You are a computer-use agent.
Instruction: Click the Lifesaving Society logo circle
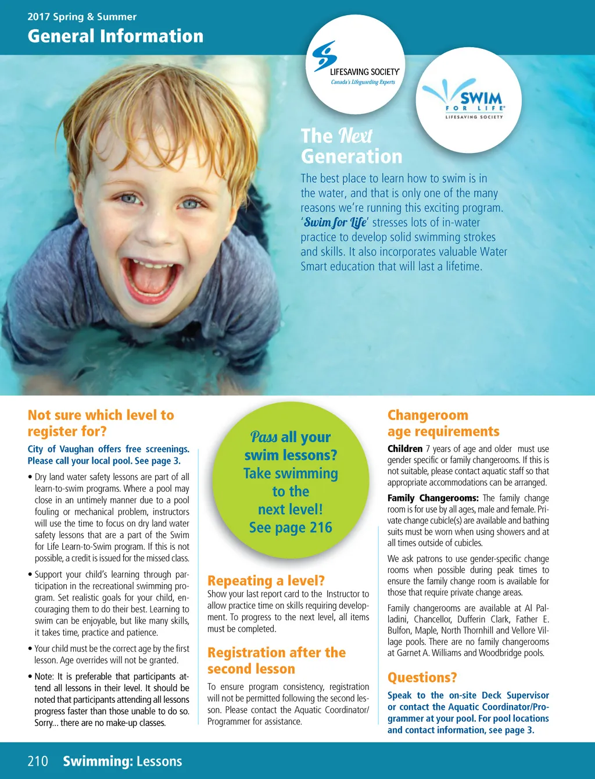pos(356,64)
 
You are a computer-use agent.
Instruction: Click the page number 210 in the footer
pos(38,761)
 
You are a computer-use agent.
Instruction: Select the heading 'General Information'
pos(116,36)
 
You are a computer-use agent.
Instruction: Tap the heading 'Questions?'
pos(422,678)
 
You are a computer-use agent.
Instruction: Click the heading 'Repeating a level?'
pos(266,581)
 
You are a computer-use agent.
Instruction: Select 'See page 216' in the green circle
pos(291,528)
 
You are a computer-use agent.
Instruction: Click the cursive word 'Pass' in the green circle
pos(264,437)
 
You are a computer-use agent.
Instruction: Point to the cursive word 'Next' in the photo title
pos(355,136)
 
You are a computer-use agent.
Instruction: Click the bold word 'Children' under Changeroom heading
pos(405,449)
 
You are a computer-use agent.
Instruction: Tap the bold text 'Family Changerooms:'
pos(433,498)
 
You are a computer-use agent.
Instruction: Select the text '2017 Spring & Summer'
pos(82,17)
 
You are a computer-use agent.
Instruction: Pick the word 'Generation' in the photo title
pos(352,156)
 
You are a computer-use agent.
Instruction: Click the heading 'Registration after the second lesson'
pos(276,660)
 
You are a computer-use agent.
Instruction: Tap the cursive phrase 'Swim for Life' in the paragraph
pos(335,222)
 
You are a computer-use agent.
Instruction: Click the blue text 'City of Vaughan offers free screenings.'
pos(109,449)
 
